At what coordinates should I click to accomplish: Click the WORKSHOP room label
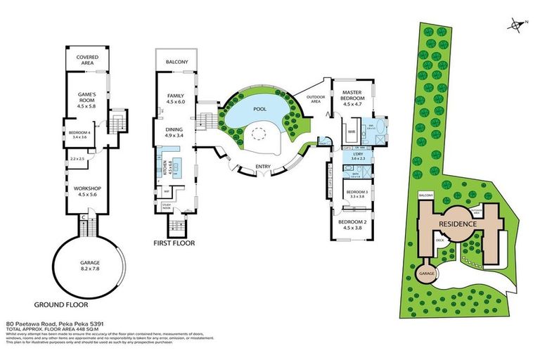[89, 188]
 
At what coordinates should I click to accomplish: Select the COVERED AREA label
[88, 59]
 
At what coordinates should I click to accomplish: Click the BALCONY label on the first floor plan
[177, 62]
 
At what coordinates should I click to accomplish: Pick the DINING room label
[174, 129]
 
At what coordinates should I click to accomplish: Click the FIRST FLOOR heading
[174, 243]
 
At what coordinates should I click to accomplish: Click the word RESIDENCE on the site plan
[458, 224]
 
